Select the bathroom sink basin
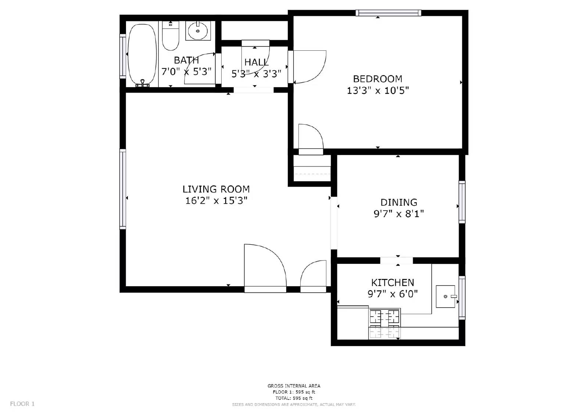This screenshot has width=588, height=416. [x=198, y=31]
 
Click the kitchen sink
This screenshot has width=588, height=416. [x=445, y=296]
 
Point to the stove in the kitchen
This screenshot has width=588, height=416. [x=384, y=323]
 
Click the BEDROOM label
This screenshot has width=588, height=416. [x=377, y=79]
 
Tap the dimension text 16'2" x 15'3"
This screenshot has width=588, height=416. [x=216, y=201]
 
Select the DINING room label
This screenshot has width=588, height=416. [x=399, y=202]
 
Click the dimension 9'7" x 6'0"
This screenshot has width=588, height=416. [x=392, y=294]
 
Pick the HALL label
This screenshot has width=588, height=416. [x=256, y=62]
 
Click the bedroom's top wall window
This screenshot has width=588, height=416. [x=388, y=13]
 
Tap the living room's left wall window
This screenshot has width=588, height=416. [x=123, y=189]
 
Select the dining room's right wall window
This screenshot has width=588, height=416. [x=462, y=202]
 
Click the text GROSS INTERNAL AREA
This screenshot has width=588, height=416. [x=294, y=386]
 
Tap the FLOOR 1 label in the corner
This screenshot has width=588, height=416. [x=22, y=404]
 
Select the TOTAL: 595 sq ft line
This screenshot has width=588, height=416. [x=294, y=398]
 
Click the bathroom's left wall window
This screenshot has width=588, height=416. [x=123, y=56]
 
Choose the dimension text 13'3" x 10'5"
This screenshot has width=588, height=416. [x=378, y=90]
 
